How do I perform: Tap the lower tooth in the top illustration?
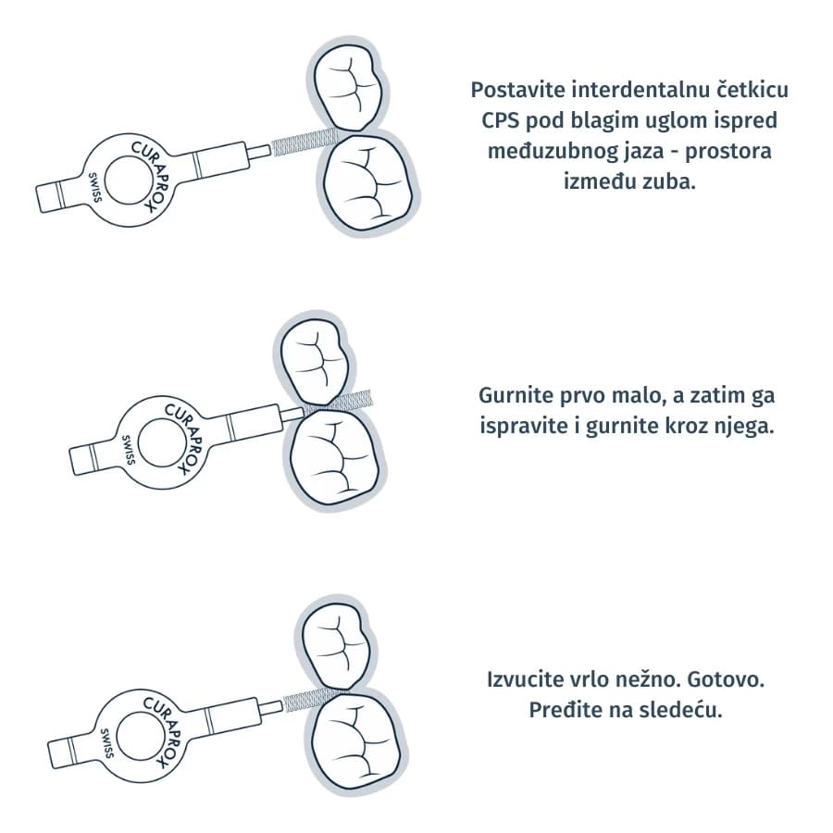pos(367,183)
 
